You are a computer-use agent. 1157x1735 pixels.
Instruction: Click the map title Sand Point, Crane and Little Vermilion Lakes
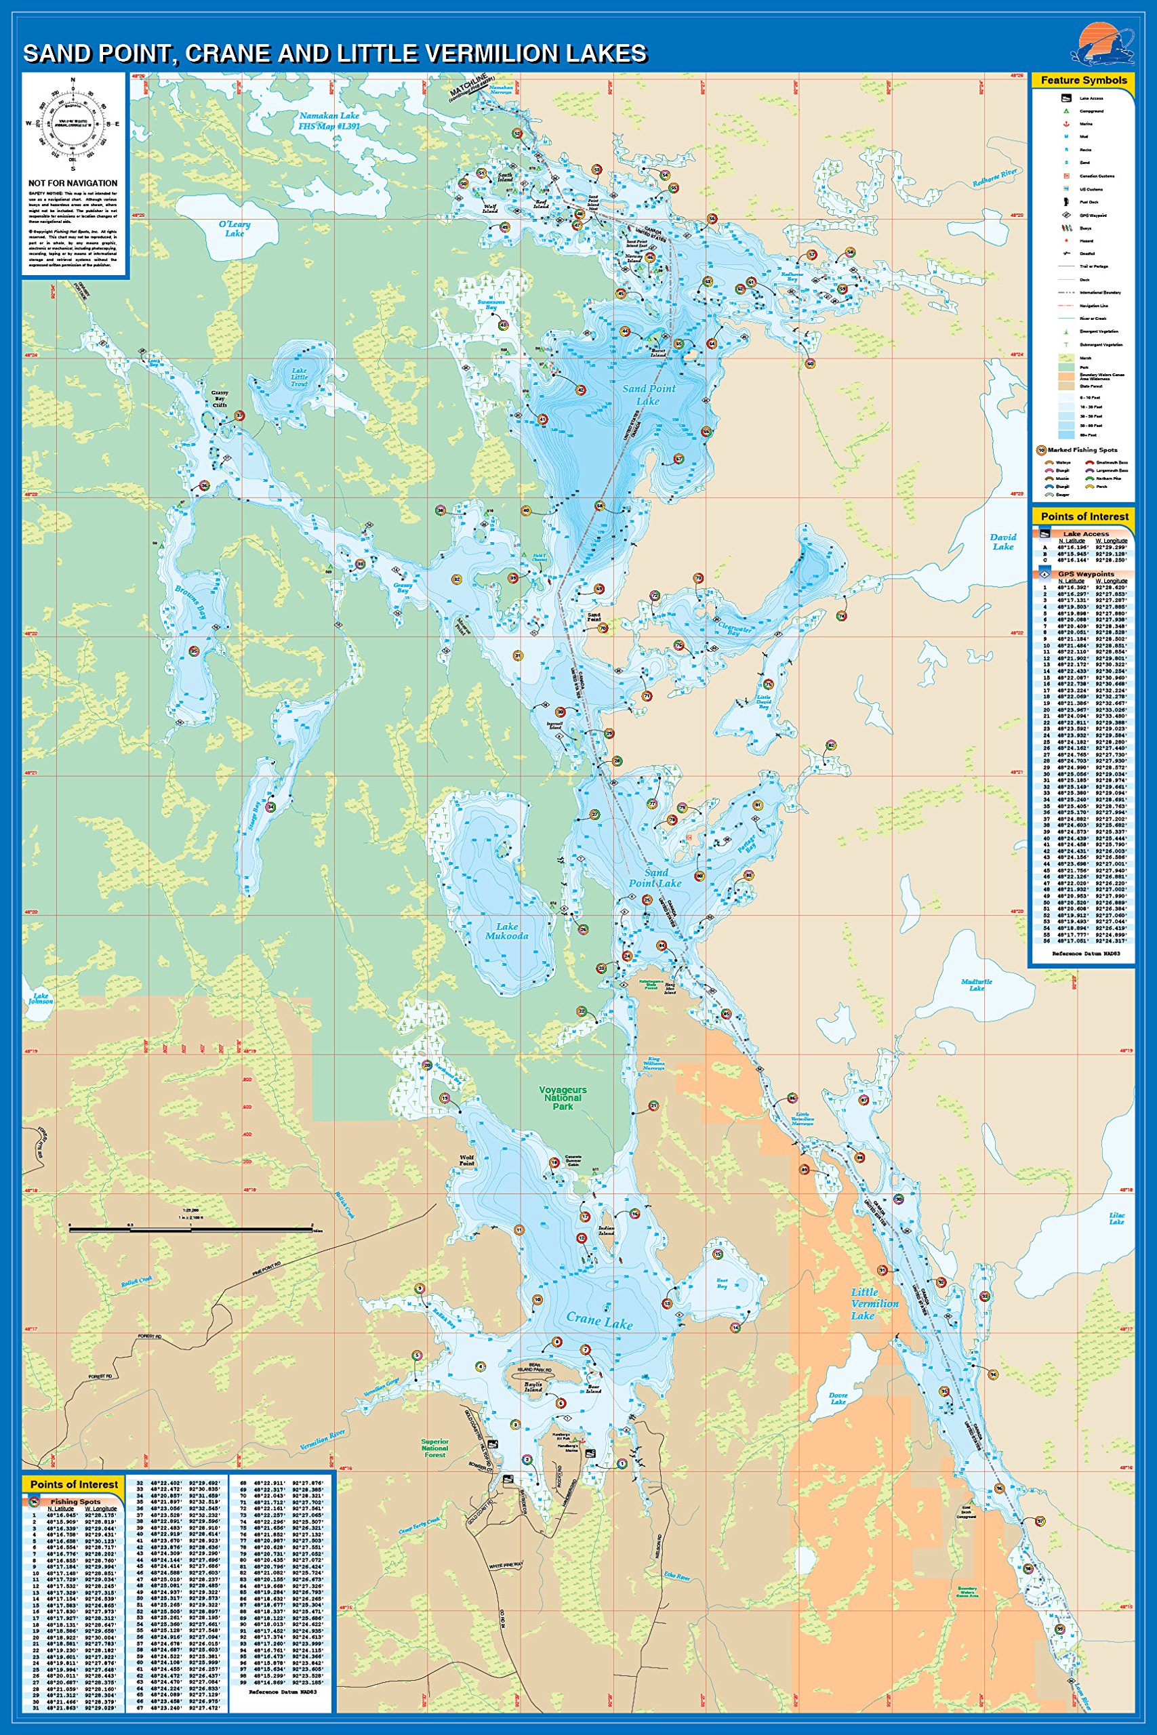335,54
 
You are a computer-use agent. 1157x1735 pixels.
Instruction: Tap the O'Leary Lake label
235,228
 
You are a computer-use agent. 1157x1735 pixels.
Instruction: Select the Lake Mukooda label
507,931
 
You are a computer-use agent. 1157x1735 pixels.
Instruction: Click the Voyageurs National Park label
563,1098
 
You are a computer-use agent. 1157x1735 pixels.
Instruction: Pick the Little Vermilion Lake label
874,1303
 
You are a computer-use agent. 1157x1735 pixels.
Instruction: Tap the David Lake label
1002,542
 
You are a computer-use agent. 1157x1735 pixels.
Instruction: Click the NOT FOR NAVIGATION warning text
73,183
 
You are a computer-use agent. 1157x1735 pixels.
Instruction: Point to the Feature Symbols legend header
1083,80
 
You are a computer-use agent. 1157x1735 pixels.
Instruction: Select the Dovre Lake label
838,1398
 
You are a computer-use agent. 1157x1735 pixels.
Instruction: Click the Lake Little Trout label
299,377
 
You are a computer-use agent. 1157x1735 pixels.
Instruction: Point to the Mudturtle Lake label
976,985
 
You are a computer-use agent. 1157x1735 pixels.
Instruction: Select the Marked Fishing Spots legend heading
1082,449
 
